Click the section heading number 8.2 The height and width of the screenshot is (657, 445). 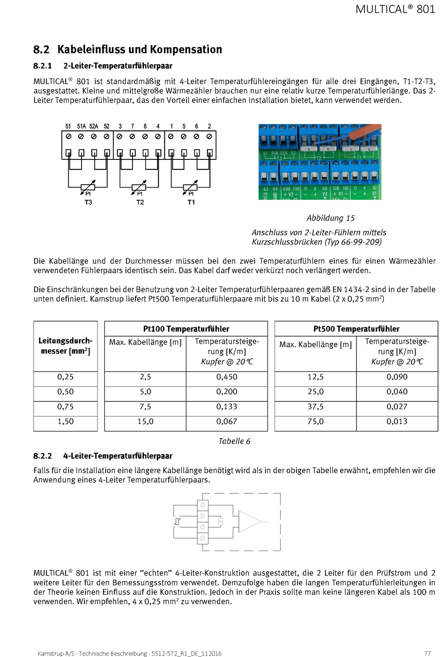click(41, 50)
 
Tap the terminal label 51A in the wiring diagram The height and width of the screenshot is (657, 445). click(82, 126)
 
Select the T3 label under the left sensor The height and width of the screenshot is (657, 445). click(88, 202)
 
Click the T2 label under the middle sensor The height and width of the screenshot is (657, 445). click(140, 202)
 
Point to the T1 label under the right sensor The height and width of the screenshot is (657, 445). click(191, 202)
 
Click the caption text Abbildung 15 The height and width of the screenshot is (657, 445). click(330, 218)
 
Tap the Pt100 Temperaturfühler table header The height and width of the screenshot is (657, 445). click(186, 329)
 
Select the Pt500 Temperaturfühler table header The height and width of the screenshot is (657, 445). click(356, 329)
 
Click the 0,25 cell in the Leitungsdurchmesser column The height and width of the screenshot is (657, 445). click(66, 377)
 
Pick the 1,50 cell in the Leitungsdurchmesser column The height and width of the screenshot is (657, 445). click(66, 422)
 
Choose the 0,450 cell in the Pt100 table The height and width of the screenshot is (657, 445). click(227, 377)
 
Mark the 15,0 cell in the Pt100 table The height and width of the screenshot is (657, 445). click(145, 422)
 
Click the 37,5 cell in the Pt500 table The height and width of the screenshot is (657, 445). click(315, 407)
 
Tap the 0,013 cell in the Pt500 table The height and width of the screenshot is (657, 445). click(397, 422)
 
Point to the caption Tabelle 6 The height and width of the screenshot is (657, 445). click(234, 441)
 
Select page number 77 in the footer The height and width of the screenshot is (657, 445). click(427, 653)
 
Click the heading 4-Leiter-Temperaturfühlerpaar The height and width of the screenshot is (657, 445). click(118, 456)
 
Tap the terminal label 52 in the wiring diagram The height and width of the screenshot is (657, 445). click(107, 126)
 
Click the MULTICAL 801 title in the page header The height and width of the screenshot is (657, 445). click(395, 9)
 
